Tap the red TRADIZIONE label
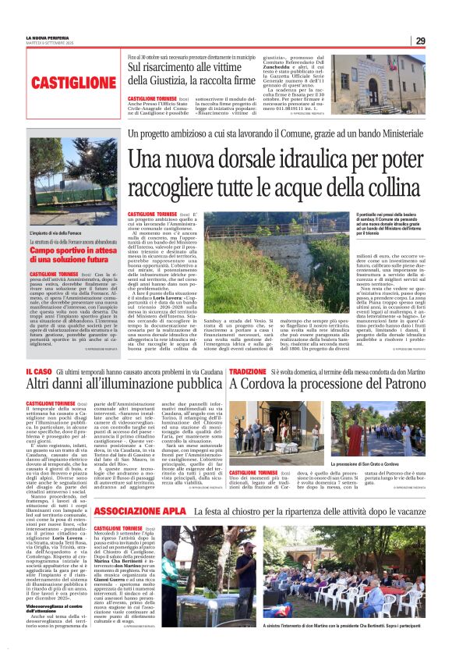(x=248, y=371)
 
